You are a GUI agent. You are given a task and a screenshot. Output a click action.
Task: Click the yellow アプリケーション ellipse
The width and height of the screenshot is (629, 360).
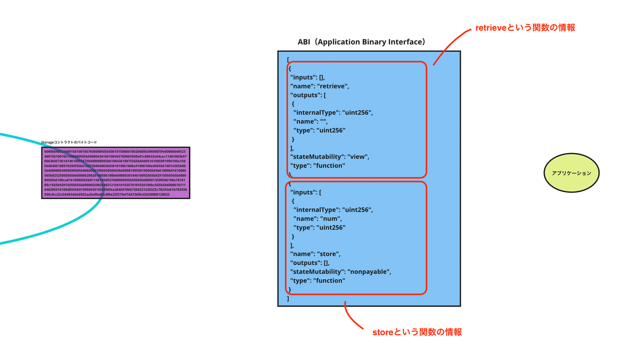click(x=571, y=173)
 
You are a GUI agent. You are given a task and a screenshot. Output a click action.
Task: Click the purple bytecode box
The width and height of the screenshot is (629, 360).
click(x=115, y=173)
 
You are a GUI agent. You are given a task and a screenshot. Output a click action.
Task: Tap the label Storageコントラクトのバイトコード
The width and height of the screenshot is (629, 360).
click(x=69, y=142)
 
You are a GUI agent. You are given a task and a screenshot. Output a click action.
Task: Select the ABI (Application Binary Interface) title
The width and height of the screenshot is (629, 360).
click(x=362, y=42)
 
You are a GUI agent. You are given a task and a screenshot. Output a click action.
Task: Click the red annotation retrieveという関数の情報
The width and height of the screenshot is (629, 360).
click(x=525, y=28)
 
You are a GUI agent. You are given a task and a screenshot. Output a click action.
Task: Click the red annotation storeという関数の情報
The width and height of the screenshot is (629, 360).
click(x=417, y=332)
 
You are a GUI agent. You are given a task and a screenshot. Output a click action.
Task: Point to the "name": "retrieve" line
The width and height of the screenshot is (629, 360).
click(x=320, y=86)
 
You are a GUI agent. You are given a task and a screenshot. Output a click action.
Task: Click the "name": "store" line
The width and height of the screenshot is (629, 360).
click(x=316, y=254)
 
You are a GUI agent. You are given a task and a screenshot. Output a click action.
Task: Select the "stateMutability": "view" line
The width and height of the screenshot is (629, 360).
click(x=330, y=157)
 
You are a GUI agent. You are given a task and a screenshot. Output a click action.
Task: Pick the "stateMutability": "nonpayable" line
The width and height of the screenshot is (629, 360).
click(x=341, y=271)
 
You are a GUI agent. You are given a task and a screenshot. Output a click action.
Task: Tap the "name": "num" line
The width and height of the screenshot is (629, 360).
click(x=318, y=219)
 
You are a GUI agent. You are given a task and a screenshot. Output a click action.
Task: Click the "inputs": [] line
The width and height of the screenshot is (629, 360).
click(x=308, y=77)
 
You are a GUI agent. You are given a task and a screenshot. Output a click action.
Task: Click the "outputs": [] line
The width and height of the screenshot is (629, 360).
click(x=310, y=263)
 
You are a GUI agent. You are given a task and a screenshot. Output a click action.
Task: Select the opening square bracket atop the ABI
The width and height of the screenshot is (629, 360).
click(x=288, y=59)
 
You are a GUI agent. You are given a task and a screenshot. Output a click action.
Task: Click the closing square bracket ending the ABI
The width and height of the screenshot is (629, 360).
click(x=288, y=298)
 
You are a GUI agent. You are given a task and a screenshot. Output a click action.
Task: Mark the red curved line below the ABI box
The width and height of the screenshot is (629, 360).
click(x=350, y=318)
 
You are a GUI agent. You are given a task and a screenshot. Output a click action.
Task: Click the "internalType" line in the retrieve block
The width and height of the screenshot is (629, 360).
click(x=333, y=113)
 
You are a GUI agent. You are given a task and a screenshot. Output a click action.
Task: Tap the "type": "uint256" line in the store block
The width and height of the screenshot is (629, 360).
click(x=319, y=227)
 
